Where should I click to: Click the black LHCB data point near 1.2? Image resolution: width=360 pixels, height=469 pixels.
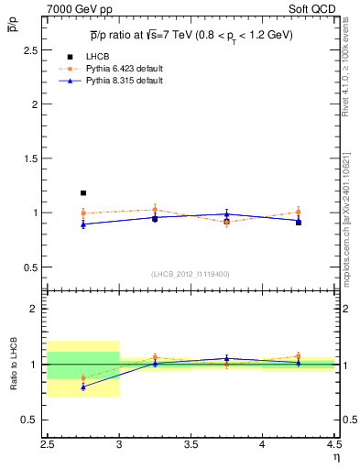coord(83,193)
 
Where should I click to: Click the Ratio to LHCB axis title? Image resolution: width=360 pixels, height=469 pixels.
coord(14,365)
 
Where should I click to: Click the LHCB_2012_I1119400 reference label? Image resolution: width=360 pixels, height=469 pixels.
coord(191,274)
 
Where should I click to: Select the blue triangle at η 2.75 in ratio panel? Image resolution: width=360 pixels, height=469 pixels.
coord(83,387)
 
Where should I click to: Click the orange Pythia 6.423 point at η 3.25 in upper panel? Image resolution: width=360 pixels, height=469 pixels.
coord(155,210)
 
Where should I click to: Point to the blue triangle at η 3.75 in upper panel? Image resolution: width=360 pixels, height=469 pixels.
coord(226,214)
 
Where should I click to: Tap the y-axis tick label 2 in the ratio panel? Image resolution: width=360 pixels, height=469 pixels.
coord(33,309)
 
